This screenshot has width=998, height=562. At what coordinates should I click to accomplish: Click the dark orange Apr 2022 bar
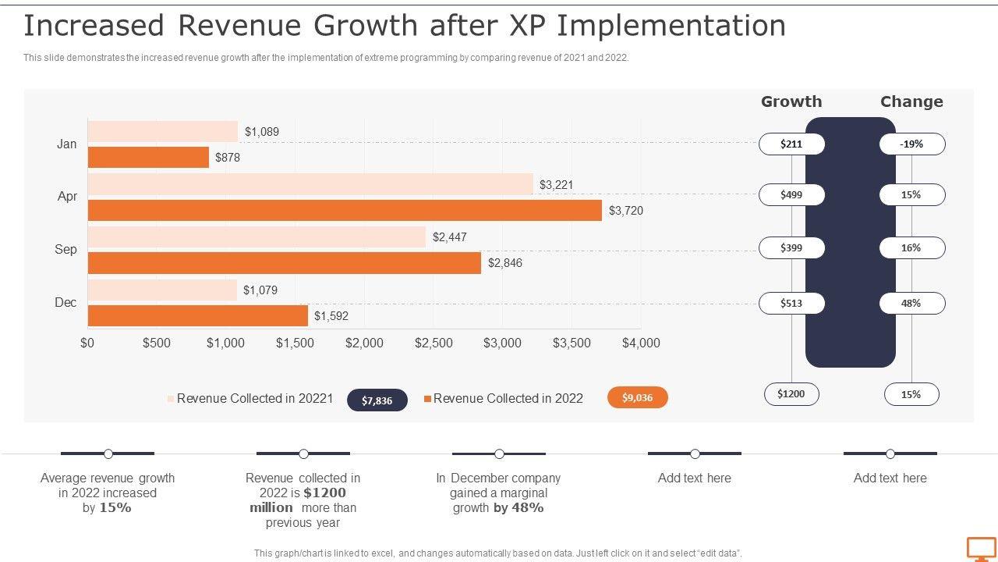tap(345, 211)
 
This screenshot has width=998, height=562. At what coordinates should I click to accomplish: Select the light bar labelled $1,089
tap(162, 131)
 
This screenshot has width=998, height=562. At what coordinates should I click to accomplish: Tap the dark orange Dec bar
tap(198, 316)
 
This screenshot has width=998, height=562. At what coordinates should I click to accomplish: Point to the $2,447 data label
tap(449, 237)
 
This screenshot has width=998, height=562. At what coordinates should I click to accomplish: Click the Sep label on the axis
tap(66, 250)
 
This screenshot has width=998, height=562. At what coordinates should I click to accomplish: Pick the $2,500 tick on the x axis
tap(434, 343)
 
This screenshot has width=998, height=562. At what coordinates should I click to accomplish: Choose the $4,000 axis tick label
tap(641, 343)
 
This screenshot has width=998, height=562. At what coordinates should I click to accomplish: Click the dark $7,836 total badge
tap(377, 400)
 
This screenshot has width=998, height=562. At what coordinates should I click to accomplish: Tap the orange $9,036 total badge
tap(638, 398)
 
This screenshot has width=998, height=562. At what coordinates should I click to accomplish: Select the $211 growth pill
tap(791, 144)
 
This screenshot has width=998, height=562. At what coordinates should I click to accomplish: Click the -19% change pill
tap(911, 144)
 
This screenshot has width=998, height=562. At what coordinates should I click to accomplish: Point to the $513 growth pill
tap(791, 303)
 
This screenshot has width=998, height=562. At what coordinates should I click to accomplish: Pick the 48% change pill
tap(911, 303)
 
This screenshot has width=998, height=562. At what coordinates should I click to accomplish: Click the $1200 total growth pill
tap(791, 394)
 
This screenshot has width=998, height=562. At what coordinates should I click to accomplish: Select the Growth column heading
tap(791, 101)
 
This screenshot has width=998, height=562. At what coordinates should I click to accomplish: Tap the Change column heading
tap(911, 101)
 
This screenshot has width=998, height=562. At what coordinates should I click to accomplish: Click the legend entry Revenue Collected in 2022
tap(508, 399)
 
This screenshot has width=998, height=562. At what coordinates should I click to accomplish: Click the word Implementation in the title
tap(671, 26)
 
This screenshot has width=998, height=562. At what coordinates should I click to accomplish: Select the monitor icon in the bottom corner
tap(982, 548)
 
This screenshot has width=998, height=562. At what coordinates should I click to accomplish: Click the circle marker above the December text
tap(499, 454)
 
